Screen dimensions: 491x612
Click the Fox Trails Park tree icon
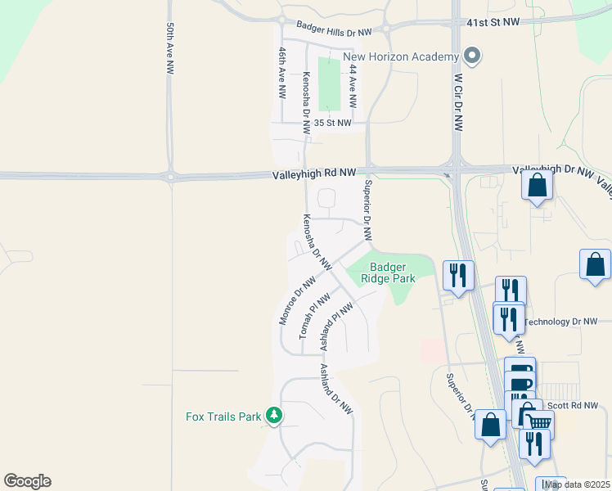(274, 417)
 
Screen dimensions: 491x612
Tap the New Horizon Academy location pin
(472, 56)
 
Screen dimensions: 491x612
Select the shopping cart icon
(538, 423)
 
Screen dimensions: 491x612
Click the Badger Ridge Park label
(393, 273)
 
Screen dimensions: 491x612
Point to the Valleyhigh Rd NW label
(314, 173)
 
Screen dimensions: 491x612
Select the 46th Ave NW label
(282, 72)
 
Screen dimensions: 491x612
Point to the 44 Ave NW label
(353, 88)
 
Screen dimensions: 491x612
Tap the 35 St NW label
(332, 124)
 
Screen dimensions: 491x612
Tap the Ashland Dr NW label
(335, 390)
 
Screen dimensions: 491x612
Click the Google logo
(27, 481)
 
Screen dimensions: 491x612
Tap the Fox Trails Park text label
(223, 417)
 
